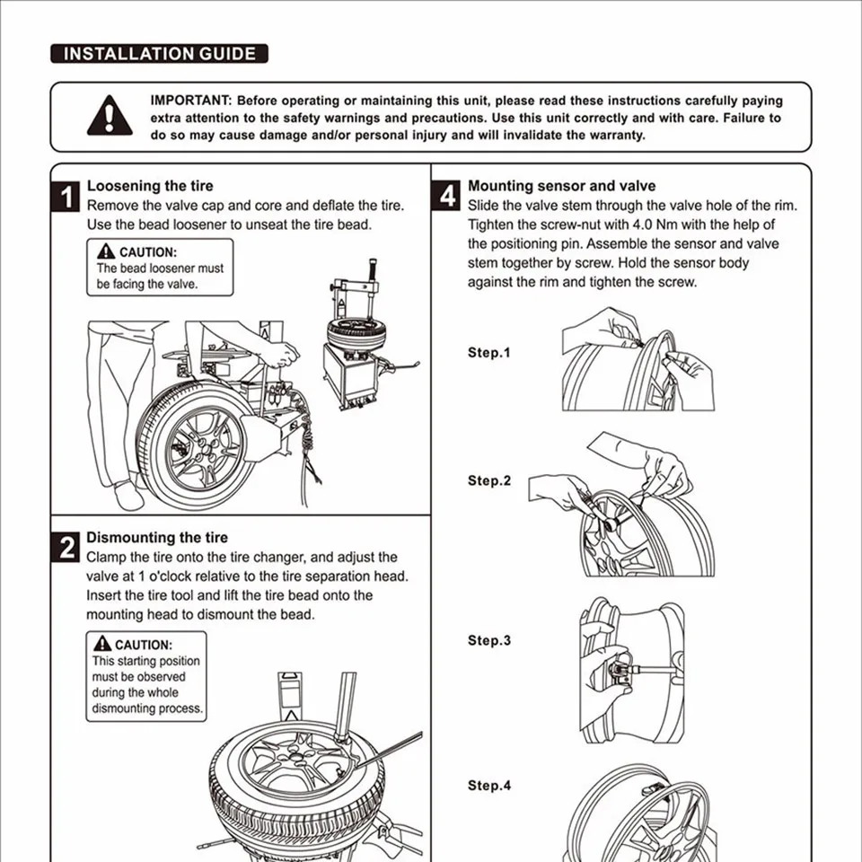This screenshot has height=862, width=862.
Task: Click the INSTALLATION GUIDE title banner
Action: (x=159, y=54)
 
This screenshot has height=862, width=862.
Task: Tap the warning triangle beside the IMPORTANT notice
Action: (x=110, y=116)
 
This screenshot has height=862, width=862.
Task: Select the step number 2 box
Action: (x=67, y=548)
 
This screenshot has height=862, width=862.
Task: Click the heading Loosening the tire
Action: (x=150, y=186)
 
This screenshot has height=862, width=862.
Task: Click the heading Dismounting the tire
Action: (x=157, y=538)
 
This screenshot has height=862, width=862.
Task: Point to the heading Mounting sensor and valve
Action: (x=561, y=186)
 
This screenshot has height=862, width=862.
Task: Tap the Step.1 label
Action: (x=488, y=352)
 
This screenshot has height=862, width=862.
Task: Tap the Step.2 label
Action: (x=488, y=480)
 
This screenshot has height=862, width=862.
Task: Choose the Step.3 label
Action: (x=488, y=640)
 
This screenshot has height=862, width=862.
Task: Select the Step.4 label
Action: (x=488, y=786)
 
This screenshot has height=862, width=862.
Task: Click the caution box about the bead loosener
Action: (x=160, y=268)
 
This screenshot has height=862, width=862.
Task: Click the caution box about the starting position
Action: (x=147, y=676)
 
